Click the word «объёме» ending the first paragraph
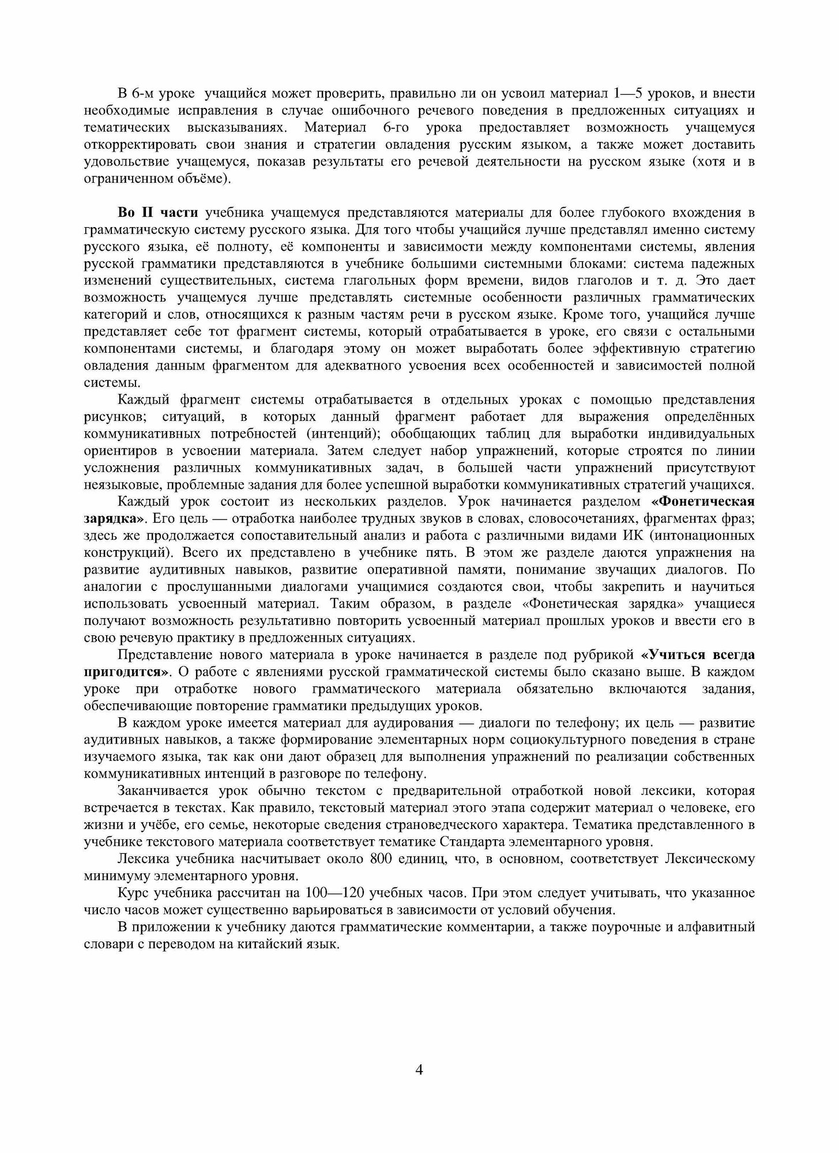pyautogui.click(x=204, y=179)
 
